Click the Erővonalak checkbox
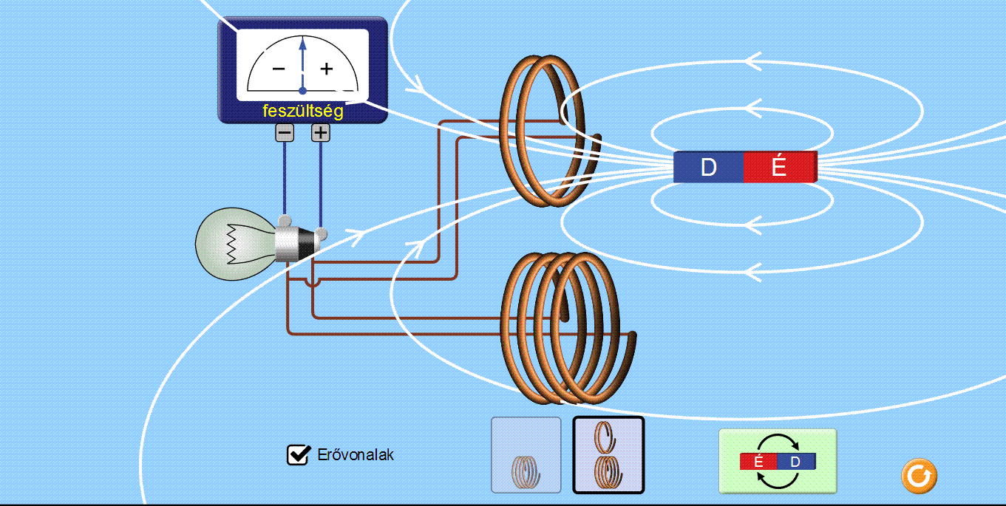(x=297, y=455)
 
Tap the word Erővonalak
(x=355, y=455)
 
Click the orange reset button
(x=919, y=476)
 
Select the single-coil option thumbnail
(x=526, y=455)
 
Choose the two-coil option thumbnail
(x=608, y=455)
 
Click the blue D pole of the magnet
(x=708, y=168)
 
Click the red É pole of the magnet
(x=779, y=168)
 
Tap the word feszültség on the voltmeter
(x=302, y=112)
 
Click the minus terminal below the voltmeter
(x=285, y=133)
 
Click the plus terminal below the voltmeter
(x=320, y=133)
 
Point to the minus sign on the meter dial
(x=279, y=69)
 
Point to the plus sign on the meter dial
(x=326, y=69)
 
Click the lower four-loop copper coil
(x=562, y=329)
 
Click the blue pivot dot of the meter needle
(x=302, y=90)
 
